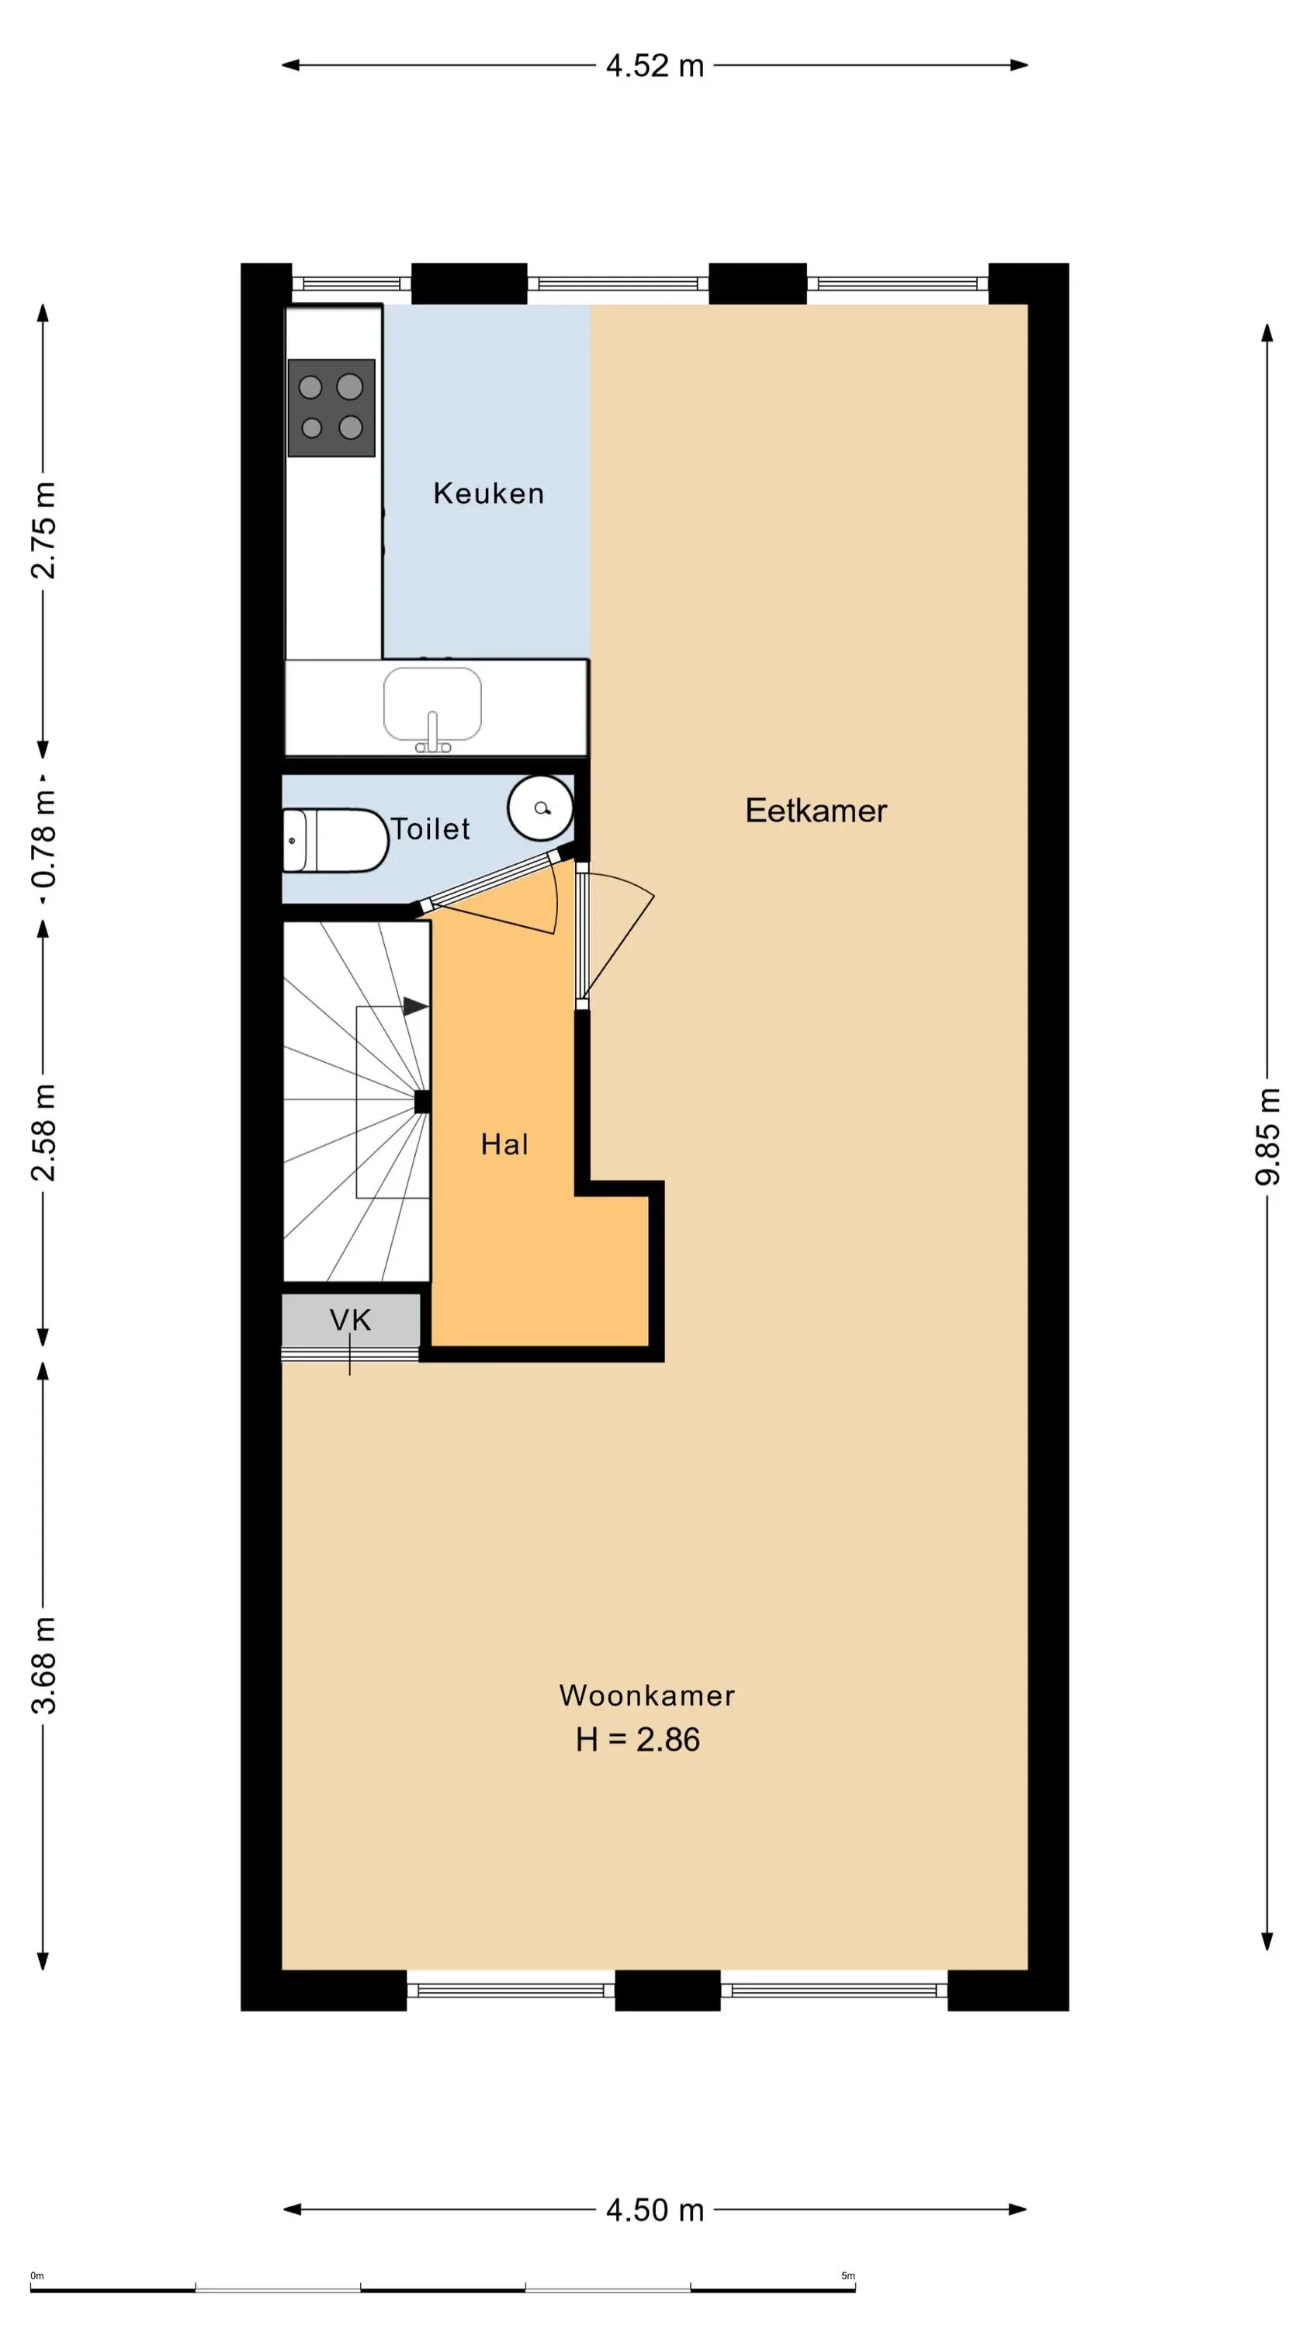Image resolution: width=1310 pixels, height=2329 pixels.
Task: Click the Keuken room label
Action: point(488,493)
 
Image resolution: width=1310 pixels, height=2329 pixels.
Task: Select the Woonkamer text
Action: point(646,1696)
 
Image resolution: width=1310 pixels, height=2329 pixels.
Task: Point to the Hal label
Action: point(504,1144)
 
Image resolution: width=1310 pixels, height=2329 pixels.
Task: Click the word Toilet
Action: point(431,828)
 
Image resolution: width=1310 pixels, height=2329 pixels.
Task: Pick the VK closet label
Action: point(350,1320)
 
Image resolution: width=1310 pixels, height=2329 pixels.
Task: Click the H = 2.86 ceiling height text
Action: point(637,1740)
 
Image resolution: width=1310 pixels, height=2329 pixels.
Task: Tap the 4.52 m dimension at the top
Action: point(654,66)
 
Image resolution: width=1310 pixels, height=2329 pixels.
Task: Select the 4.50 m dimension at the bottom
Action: point(654,2209)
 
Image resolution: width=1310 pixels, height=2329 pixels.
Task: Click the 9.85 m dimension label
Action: point(1267,1136)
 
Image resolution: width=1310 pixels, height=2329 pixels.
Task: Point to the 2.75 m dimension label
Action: point(43,529)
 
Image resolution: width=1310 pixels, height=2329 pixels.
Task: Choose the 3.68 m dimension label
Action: point(43,1665)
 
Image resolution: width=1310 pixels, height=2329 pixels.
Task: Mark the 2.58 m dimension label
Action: point(43,1132)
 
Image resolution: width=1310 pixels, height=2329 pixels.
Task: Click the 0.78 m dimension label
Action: point(43,838)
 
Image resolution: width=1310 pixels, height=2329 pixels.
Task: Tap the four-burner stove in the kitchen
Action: point(331,408)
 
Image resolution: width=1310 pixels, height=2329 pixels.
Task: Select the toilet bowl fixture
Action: point(334,841)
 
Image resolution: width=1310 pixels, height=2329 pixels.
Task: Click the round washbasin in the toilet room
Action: point(541,807)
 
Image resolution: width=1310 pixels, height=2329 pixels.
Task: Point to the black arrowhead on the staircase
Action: point(416,1006)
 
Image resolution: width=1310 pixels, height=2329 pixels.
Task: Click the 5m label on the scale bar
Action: point(848,2275)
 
